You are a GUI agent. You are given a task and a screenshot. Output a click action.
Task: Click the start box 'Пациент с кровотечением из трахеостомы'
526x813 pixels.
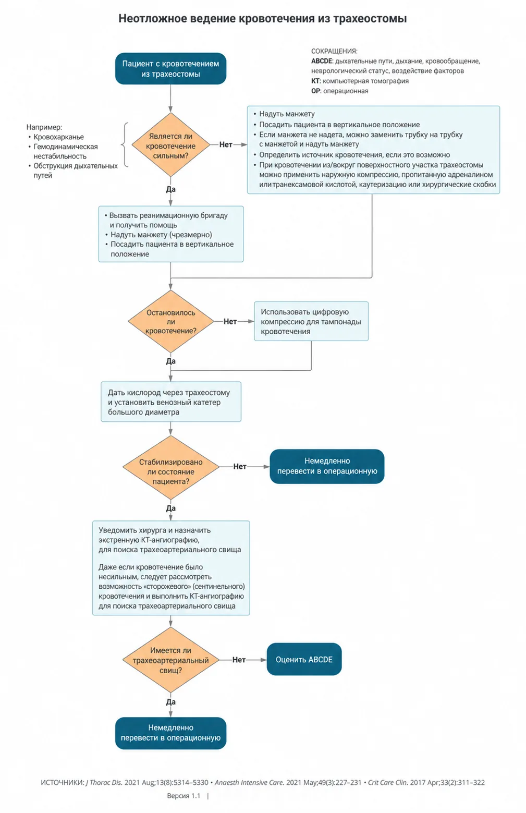(x=170, y=69)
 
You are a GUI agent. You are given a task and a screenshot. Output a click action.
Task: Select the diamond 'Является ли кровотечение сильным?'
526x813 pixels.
(x=170, y=145)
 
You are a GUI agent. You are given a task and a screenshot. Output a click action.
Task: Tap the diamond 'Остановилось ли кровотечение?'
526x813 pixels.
(x=170, y=321)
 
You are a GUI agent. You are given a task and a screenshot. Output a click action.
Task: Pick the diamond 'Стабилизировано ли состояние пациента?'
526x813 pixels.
(x=170, y=467)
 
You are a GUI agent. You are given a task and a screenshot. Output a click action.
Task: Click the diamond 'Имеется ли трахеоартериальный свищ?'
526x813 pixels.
(x=170, y=660)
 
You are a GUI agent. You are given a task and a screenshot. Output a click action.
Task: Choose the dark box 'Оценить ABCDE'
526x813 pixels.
(x=304, y=659)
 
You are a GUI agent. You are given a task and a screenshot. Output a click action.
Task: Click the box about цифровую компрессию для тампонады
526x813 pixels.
(x=311, y=321)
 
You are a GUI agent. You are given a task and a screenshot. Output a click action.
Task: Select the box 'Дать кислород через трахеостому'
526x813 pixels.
(x=171, y=402)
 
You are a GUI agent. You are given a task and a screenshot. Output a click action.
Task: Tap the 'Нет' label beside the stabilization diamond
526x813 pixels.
(x=239, y=466)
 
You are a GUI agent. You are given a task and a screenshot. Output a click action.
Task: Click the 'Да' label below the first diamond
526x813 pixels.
(x=171, y=189)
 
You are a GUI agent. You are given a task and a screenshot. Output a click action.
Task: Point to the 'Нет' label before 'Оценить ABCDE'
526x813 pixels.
(x=239, y=660)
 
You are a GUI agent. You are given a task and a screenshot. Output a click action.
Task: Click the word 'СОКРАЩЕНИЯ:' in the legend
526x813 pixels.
(x=334, y=51)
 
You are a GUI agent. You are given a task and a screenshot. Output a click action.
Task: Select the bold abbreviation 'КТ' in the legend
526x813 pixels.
(x=315, y=81)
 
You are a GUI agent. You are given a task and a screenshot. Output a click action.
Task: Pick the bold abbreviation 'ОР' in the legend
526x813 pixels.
(x=315, y=91)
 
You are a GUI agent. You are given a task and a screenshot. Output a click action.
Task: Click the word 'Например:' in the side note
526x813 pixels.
(x=44, y=127)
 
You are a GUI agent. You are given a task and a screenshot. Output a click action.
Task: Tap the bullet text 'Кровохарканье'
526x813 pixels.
(x=59, y=137)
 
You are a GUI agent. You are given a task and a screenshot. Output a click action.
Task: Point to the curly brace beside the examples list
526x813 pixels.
(x=125, y=145)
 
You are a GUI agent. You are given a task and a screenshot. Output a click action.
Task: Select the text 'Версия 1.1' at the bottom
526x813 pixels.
(x=184, y=796)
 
